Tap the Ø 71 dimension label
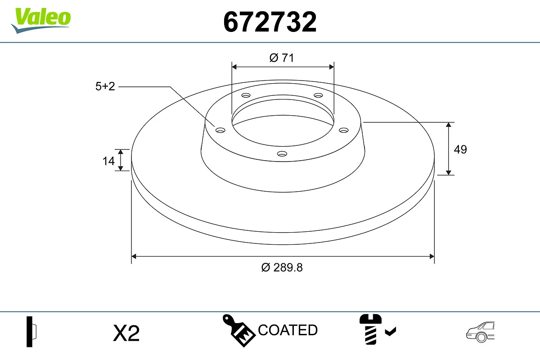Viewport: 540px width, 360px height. (x=282, y=58)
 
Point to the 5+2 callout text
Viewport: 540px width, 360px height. (x=105, y=86)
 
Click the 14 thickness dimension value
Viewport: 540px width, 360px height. (x=108, y=160)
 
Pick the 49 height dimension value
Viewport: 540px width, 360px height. (x=460, y=149)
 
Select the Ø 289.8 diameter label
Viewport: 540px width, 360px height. (x=282, y=267)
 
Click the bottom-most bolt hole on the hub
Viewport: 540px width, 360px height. (x=282, y=153)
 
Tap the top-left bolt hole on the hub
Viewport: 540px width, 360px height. (x=246, y=95)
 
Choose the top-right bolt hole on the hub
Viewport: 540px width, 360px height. (x=319, y=95)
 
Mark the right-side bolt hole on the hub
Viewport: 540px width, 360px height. (x=344, y=130)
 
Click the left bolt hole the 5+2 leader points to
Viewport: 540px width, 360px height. (x=220, y=130)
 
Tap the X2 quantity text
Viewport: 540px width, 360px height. (x=126, y=333)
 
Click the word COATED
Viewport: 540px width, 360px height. (x=288, y=330)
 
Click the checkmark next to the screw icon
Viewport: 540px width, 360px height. (x=391, y=332)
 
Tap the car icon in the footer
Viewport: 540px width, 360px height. (x=480, y=331)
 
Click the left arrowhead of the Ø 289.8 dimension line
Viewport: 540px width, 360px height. (x=134, y=256)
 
